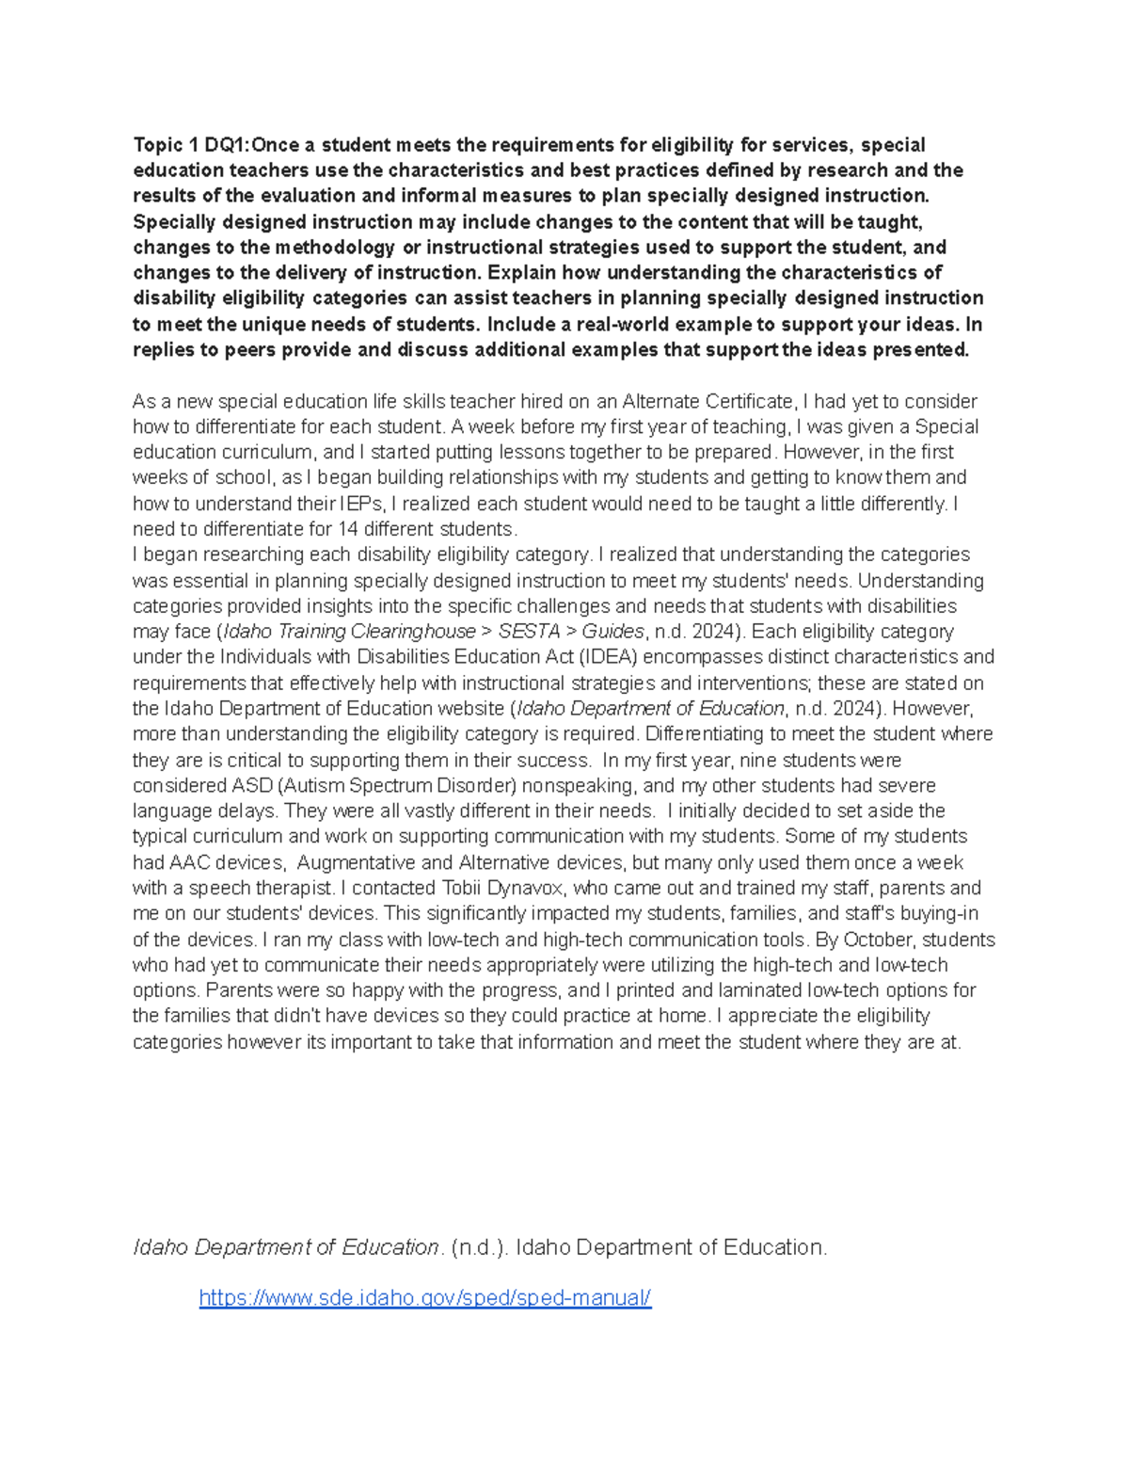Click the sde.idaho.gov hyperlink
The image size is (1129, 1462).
[x=424, y=1297]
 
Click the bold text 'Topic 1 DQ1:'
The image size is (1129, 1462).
[x=191, y=145]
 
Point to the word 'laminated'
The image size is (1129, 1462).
[x=760, y=990]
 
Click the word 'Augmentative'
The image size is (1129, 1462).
[x=356, y=862]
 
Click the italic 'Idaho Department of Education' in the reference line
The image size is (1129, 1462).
[x=286, y=1247]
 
